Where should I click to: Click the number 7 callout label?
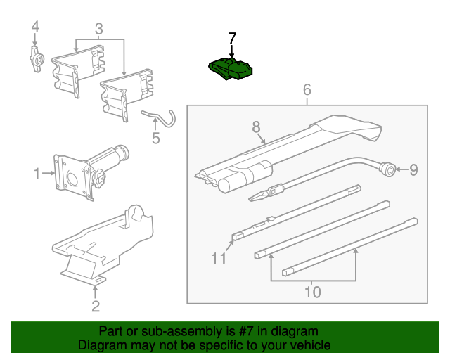pos(232,37)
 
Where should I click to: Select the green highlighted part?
pos(231,69)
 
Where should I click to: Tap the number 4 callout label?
pos(35,27)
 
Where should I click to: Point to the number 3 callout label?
pos(98,29)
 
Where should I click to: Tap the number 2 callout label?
pos(95,306)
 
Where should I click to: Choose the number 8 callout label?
pos(257,127)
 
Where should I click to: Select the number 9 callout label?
pos(413,169)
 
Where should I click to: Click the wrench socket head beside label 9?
pos(387,169)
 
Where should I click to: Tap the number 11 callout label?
pos(219,259)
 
